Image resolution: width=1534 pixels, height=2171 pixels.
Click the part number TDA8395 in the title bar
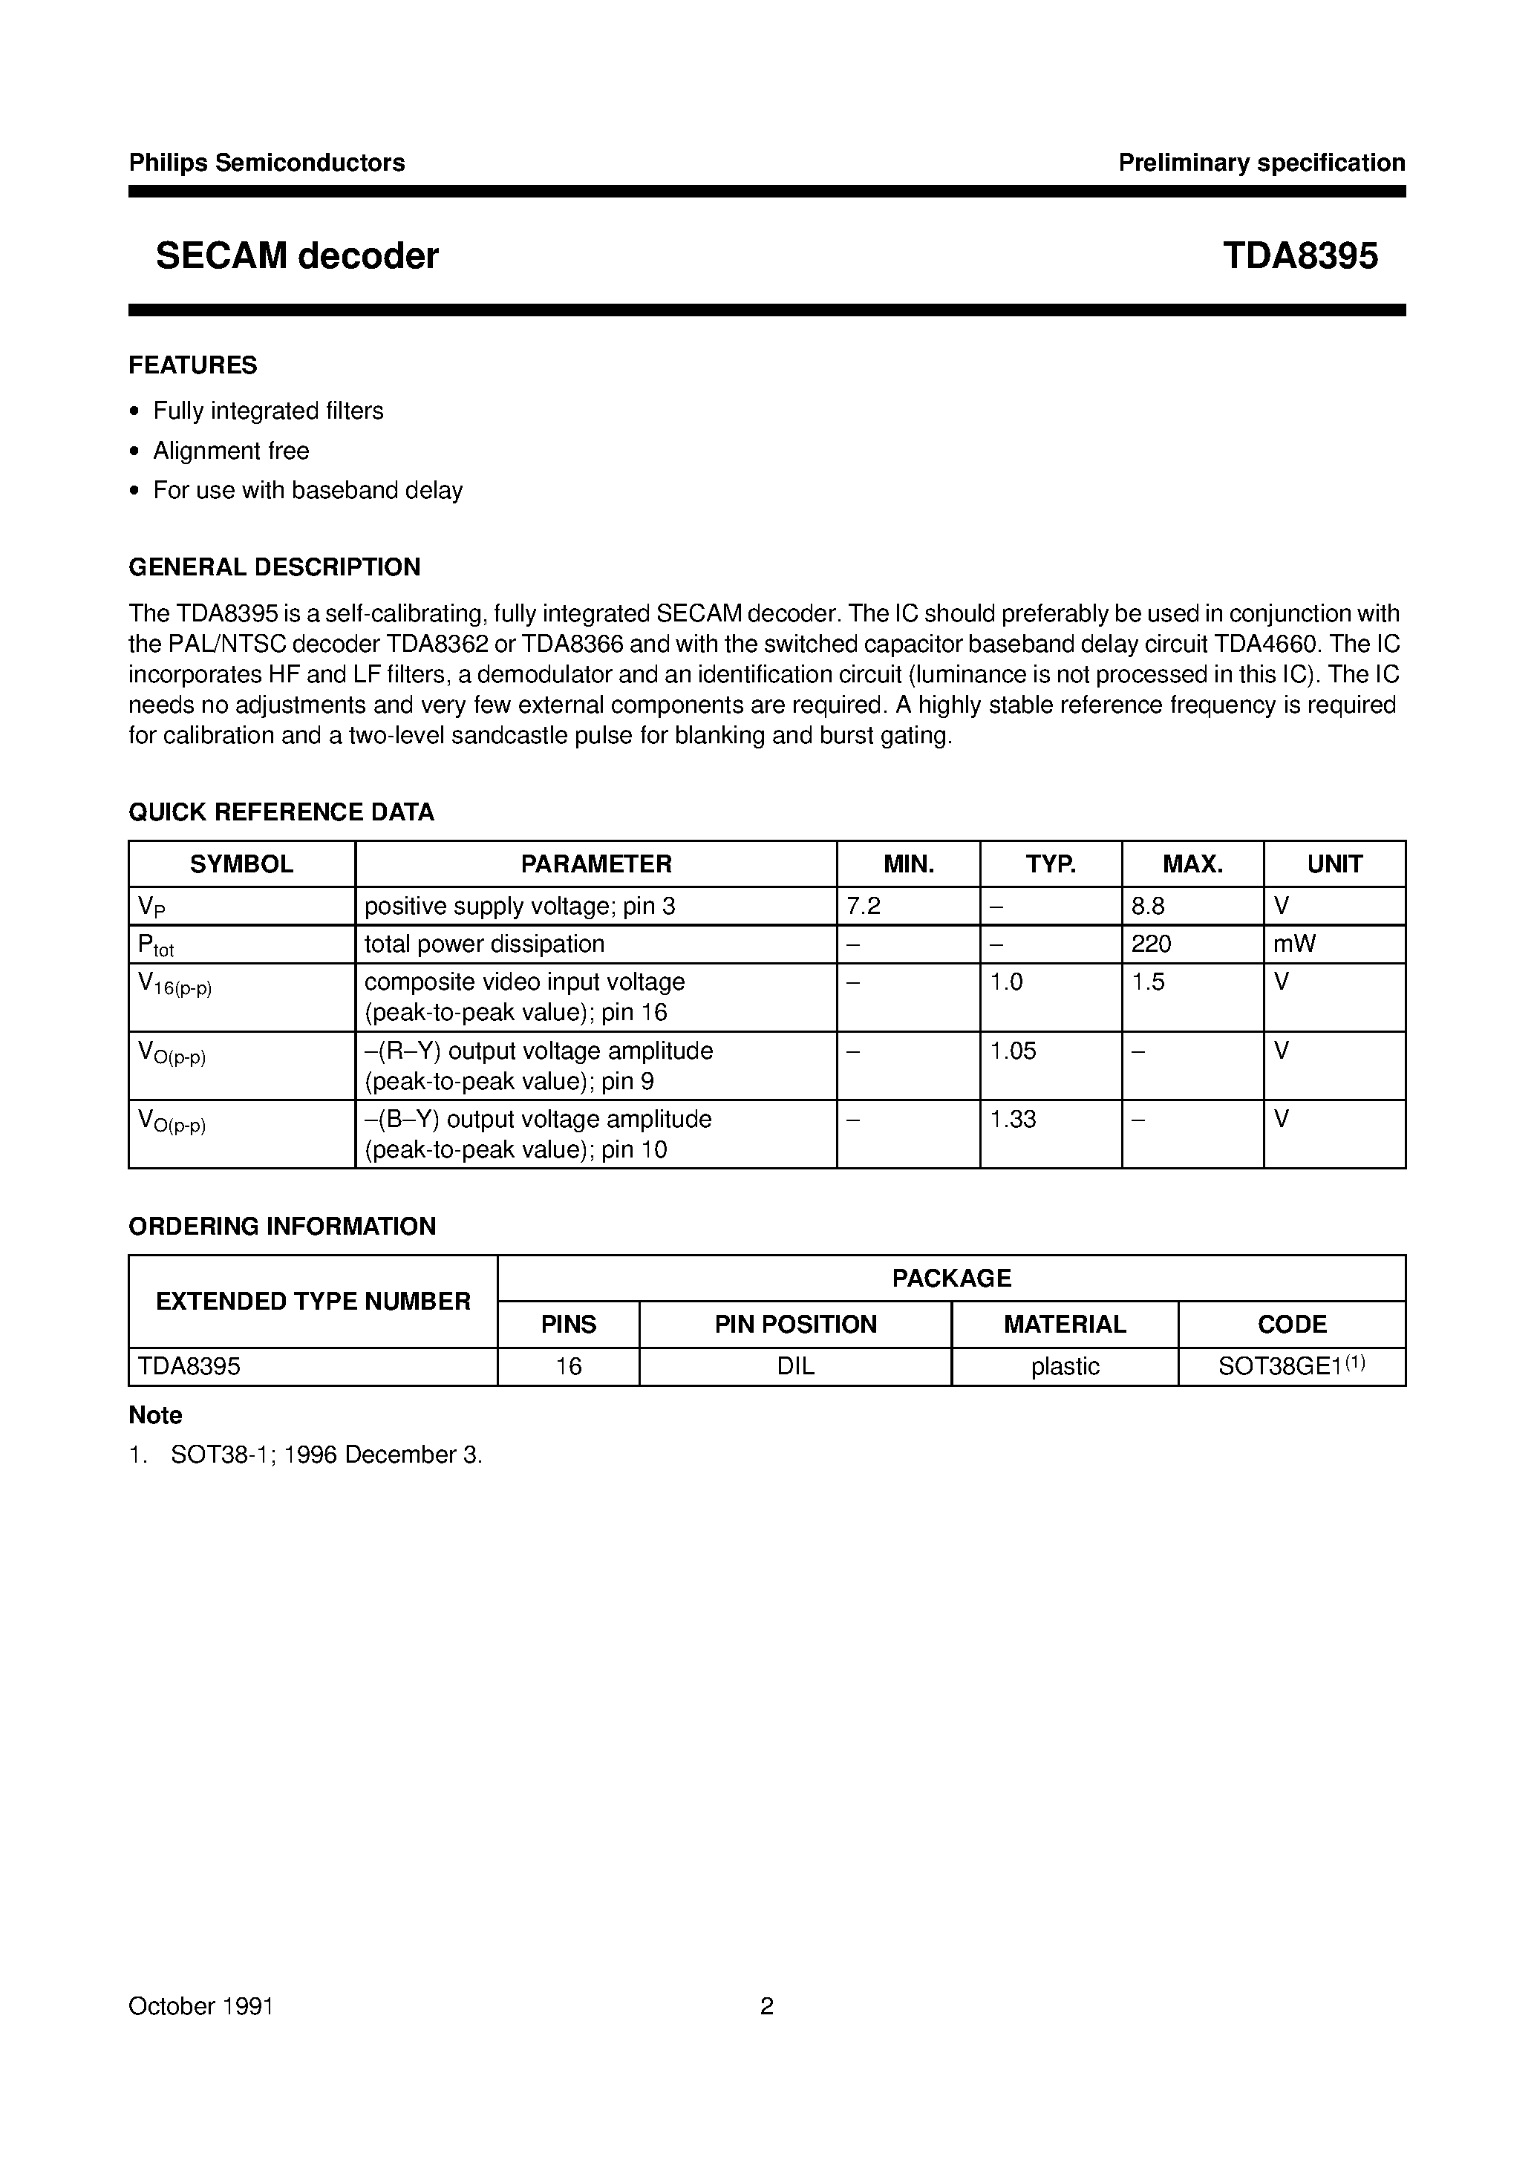(x=1299, y=256)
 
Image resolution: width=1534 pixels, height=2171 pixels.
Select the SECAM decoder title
(x=297, y=256)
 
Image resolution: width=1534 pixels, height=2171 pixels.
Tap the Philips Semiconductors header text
(x=267, y=163)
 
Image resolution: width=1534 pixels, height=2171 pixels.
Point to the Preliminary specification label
(x=1261, y=163)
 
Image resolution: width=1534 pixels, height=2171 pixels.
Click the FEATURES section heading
(x=193, y=365)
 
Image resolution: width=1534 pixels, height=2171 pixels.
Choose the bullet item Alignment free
(x=231, y=451)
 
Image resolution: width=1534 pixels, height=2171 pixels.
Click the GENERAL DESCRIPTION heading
(x=274, y=567)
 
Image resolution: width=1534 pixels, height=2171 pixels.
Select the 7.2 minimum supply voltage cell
(x=864, y=906)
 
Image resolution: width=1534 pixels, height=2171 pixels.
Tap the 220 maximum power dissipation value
(x=1151, y=944)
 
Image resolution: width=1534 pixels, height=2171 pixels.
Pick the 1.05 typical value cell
(x=1013, y=1051)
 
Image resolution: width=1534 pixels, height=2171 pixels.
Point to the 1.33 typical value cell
(x=1013, y=1119)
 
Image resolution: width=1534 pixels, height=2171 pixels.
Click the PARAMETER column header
(x=595, y=863)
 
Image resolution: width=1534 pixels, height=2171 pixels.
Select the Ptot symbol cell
(x=156, y=944)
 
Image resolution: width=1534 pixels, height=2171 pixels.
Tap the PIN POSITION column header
(x=795, y=1324)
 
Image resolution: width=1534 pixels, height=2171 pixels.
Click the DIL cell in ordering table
(x=795, y=1366)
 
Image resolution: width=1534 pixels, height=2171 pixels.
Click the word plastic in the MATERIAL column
(x=1065, y=1366)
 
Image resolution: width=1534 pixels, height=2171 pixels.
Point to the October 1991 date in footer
(x=200, y=2005)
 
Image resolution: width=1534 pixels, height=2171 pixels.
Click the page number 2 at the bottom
(x=767, y=2005)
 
